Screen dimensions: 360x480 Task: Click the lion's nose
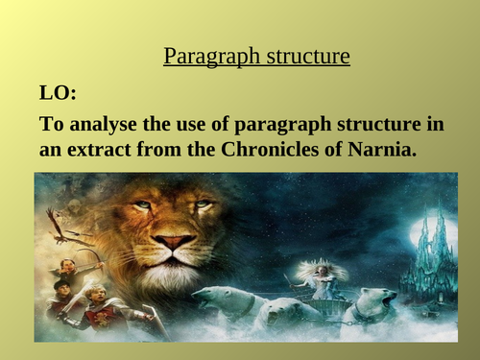pos(174,241)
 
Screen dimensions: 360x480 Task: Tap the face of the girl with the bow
pos(67,268)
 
